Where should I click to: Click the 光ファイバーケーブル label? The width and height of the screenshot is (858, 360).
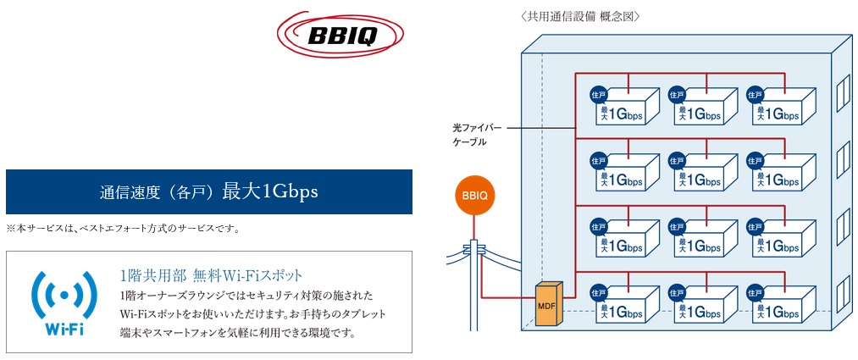click(477, 135)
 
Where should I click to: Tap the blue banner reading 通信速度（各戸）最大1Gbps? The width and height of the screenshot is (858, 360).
click(208, 191)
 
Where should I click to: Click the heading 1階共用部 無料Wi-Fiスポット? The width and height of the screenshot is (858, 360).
click(211, 275)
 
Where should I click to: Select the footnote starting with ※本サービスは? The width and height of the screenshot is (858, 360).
click(123, 228)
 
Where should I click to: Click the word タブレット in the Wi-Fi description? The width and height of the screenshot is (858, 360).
click(361, 313)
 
